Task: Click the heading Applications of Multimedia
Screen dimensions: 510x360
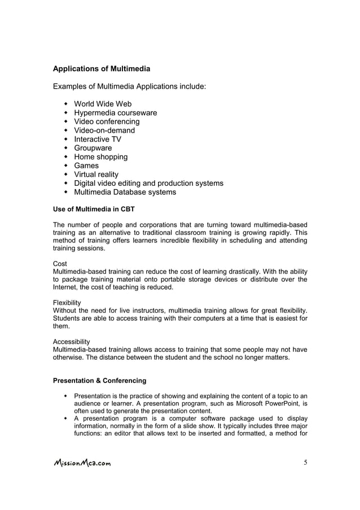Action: point(102,69)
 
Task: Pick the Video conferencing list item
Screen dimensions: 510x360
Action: point(107,121)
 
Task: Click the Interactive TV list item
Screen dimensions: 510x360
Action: point(98,139)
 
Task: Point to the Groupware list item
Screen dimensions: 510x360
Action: point(93,148)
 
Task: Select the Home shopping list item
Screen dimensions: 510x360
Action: point(101,157)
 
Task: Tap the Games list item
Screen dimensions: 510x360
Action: point(86,165)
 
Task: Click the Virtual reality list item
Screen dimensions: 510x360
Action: point(96,175)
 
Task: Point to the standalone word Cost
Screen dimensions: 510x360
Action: point(60,264)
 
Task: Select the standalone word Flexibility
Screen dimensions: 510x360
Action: point(67,302)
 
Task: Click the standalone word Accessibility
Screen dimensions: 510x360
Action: point(71,341)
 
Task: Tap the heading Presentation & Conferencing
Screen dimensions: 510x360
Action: point(99,380)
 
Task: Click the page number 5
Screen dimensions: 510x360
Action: point(305,463)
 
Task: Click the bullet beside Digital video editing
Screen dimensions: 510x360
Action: point(67,184)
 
